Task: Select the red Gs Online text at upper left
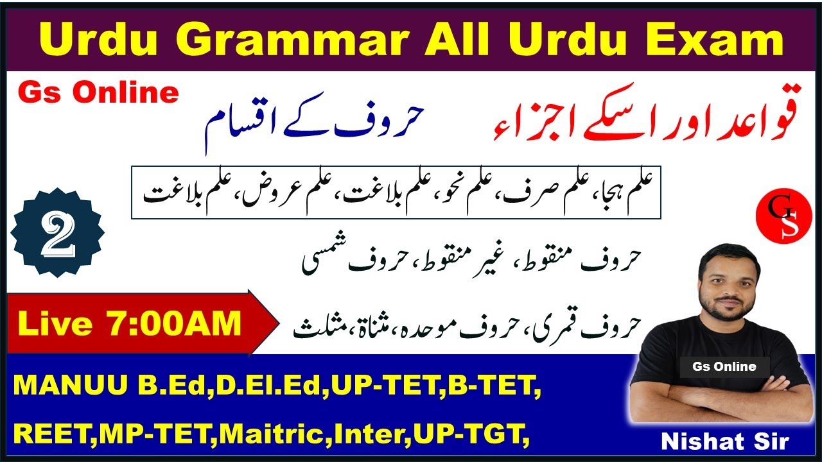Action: coord(98,94)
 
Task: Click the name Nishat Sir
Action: coord(726,443)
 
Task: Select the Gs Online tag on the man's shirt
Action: coord(724,367)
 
